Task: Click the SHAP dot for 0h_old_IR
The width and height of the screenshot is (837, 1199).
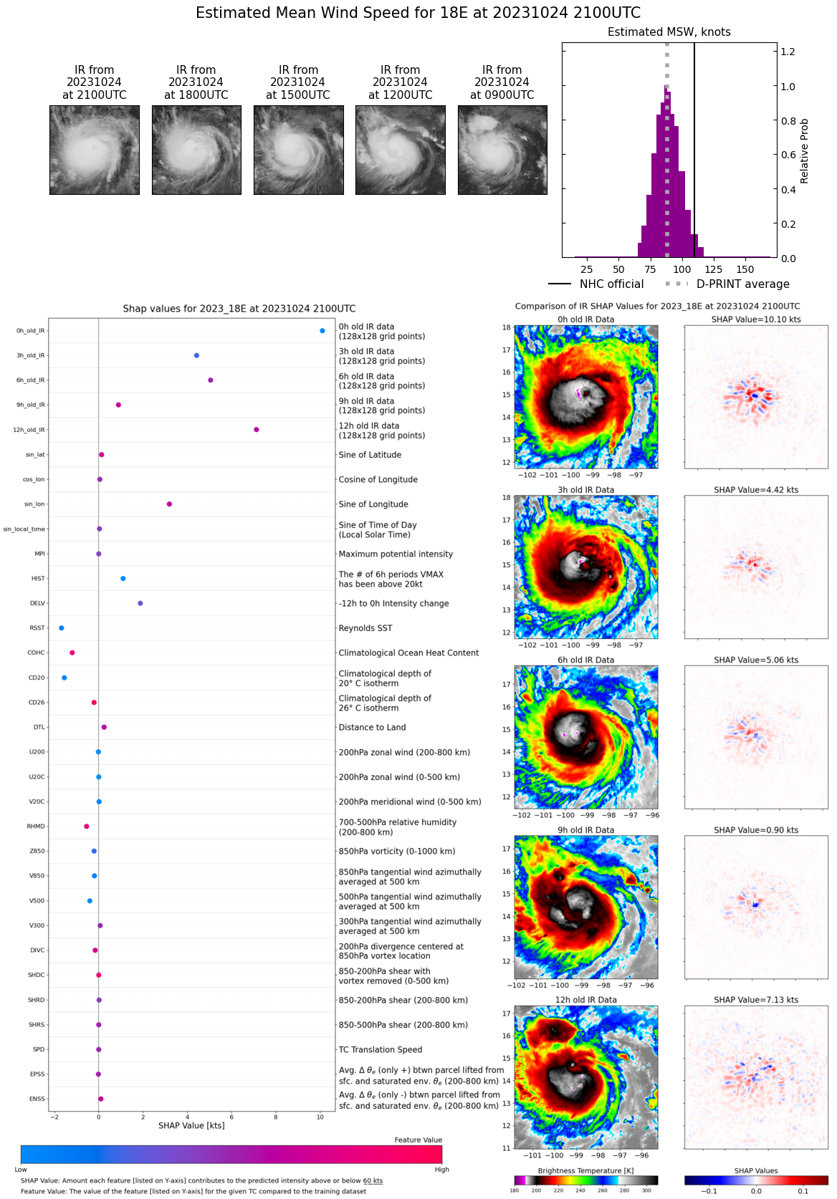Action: coord(322,331)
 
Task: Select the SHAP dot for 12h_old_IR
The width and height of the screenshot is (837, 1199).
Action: coord(257,430)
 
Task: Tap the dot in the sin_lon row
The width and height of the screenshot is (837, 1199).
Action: coord(169,504)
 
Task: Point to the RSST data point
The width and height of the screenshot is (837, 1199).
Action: coord(62,628)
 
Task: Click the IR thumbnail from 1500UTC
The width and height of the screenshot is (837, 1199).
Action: coord(298,150)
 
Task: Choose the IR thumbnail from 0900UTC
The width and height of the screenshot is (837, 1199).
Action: coord(502,150)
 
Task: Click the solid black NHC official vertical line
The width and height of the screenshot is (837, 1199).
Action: coord(694,143)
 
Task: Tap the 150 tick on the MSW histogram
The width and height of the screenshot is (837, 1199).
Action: coord(745,270)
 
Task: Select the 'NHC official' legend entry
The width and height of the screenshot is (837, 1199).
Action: coord(611,284)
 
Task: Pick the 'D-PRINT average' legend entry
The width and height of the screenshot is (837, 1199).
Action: coord(742,284)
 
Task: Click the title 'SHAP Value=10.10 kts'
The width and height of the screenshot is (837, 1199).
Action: coord(756,319)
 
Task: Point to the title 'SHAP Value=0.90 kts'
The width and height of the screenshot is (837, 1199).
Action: coord(756,830)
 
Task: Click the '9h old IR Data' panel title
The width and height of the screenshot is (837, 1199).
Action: coord(585,830)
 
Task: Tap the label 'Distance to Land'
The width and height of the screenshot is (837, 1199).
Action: coord(372,728)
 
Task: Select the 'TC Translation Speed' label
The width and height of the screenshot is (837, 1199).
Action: coord(380,1050)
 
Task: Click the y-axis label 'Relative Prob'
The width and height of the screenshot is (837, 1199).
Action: coord(804,151)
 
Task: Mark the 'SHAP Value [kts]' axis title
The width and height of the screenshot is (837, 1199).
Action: coord(191,1126)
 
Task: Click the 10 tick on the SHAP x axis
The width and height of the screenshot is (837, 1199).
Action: coord(320,1117)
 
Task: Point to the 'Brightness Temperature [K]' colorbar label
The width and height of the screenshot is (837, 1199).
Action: coord(585,1171)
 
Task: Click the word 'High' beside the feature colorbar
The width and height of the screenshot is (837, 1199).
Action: coord(441,1170)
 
